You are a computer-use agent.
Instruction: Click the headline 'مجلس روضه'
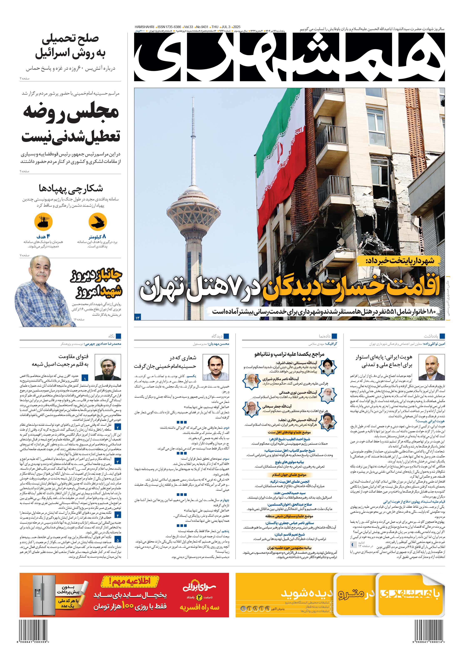[x=71, y=112]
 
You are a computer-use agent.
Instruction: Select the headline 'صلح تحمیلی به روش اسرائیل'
[x=70, y=46]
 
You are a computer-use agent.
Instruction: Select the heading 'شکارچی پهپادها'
[x=71, y=188]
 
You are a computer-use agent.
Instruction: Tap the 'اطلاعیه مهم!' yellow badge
[x=130, y=581]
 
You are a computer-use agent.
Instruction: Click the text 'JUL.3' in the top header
[x=226, y=27]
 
